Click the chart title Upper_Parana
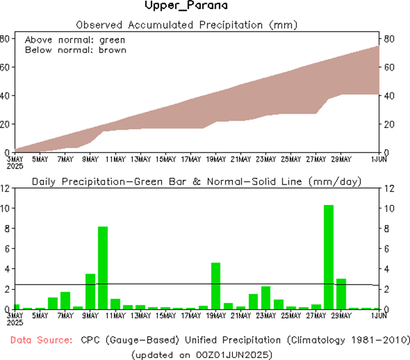186,6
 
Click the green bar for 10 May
103,267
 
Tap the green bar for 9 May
90,291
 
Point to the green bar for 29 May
341,294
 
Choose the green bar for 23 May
266,298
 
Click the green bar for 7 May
65,300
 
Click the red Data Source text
41,340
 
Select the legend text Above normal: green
75,40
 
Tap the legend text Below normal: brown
76,50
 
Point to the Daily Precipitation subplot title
196,182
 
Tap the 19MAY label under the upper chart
216,159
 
